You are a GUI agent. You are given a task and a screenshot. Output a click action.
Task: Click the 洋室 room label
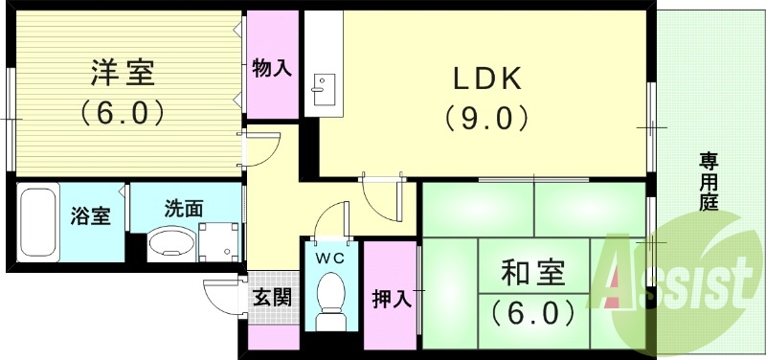[123, 73]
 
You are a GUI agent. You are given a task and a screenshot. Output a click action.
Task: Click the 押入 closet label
[391, 298]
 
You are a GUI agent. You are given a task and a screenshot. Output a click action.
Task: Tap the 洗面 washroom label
[183, 207]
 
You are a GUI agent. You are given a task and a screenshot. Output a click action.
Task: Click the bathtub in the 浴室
[38, 222]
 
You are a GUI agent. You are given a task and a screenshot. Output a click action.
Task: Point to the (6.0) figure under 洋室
[123, 112]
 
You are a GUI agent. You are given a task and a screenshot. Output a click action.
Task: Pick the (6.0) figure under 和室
[533, 311]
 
